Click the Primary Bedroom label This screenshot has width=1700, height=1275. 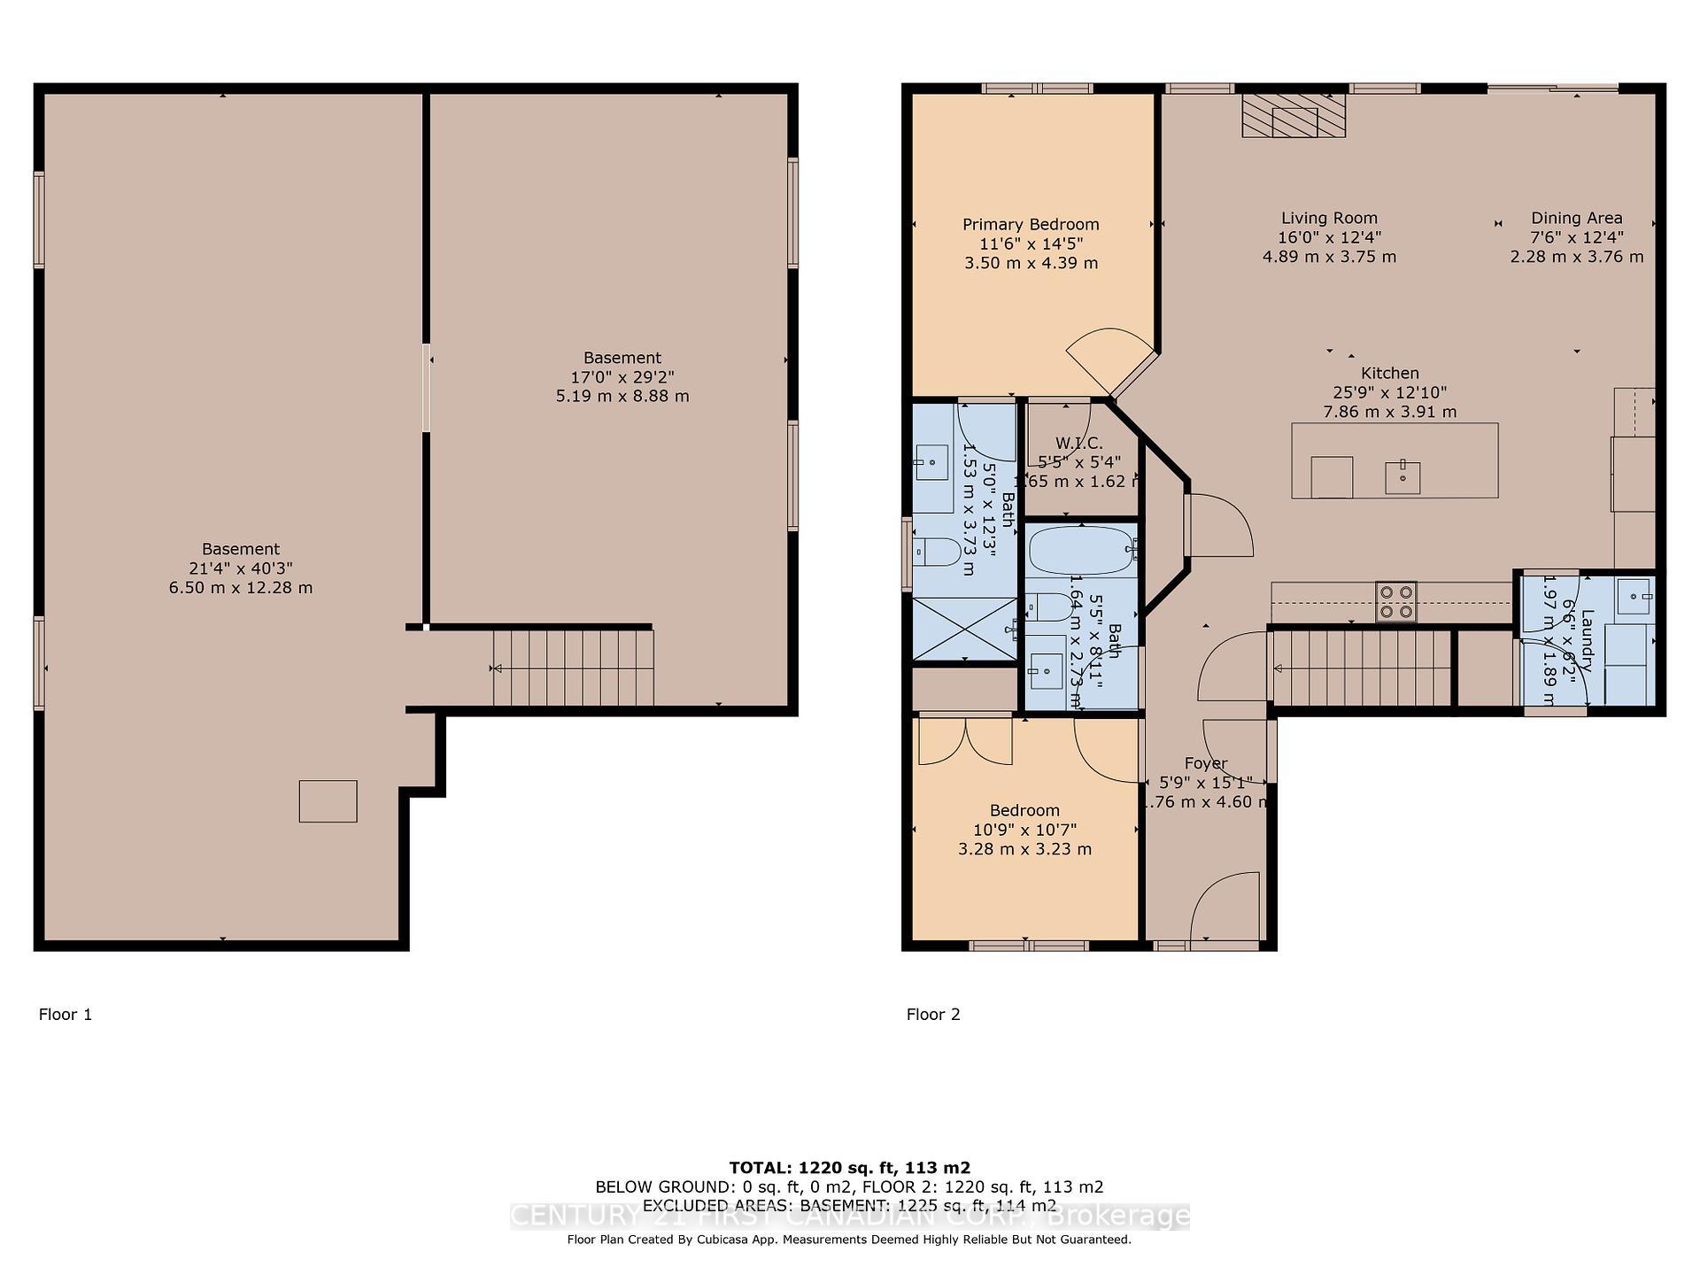1031,225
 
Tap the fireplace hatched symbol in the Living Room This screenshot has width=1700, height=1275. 1294,116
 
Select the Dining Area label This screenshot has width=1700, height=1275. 1576,218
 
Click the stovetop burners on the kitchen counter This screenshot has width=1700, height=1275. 1395,601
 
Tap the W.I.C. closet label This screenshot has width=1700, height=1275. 1078,443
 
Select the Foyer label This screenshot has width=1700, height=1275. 1205,763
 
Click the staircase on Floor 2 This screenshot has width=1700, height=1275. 1362,668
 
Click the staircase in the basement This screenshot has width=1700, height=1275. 573,668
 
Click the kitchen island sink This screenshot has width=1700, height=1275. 1402,476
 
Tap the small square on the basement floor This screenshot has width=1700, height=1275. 328,801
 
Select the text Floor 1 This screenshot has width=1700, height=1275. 66,1015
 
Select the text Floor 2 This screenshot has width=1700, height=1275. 933,1015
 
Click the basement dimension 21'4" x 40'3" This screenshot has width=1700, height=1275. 240,568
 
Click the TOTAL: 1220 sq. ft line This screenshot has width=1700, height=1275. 849,1168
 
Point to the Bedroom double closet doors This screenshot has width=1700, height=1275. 965,741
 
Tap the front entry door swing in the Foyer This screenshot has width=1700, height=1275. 1225,908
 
